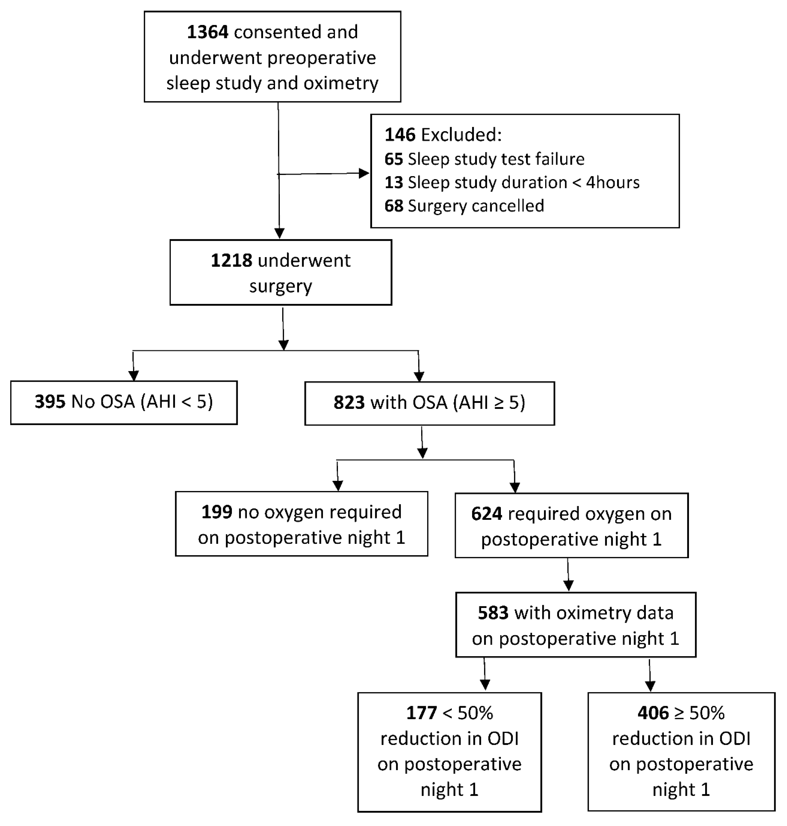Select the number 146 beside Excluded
point(400,135)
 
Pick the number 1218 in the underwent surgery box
point(231,261)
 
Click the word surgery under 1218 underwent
point(280,287)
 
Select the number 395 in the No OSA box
point(50,402)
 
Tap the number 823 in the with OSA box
point(349,403)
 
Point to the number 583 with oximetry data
point(493,613)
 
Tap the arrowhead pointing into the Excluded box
point(364,173)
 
